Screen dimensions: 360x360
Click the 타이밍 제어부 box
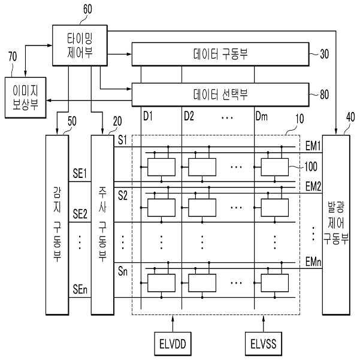pos(79,46)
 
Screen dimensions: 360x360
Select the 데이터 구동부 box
pos(221,54)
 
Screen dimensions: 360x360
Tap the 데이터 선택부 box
pos(221,94)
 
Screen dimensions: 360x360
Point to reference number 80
pos(323,94)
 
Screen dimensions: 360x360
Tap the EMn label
pos(313,262)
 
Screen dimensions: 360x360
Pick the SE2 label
pos(80,213)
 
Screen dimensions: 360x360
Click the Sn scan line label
pos(122,272)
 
